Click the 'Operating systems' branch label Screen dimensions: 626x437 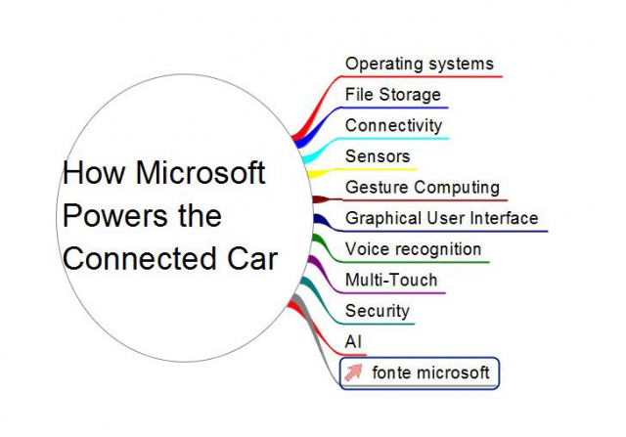pyautogui.click(x=420, y=65)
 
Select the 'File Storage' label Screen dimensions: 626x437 pyautogui.click(x=393, y=95)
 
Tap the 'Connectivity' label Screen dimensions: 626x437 pyautogui.click(x=393, y=125)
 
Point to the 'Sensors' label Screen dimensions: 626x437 pyautogui.click(x=378, y=156)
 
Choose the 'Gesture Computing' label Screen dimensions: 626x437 pyautogui.click(x=423, y=188)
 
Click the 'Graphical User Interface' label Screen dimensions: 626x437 pyautogui.click(x=441, y=218)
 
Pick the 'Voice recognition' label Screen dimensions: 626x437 pyautogui.click(x=413, y=249)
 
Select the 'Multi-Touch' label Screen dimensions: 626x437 pyautogui.click(x=391, y=280)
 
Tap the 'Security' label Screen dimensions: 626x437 pyautogui.click(x=378, y=311)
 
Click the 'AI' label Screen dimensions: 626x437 pyautogui.click(x=353, y=342)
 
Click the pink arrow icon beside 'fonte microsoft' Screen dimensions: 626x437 pyautogui.click(x=353, y=372)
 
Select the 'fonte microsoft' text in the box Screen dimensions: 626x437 pyautogui.click(x=430, y=372)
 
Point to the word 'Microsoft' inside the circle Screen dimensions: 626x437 pyautogui.click(x=201, y=172)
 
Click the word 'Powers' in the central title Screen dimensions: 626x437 pyautogui.click(x=115, y=215)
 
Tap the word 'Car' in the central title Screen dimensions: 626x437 pyautogui.click(x=252, y=258)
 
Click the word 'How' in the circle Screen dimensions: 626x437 pyautogui.click(x=94, y=172)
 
